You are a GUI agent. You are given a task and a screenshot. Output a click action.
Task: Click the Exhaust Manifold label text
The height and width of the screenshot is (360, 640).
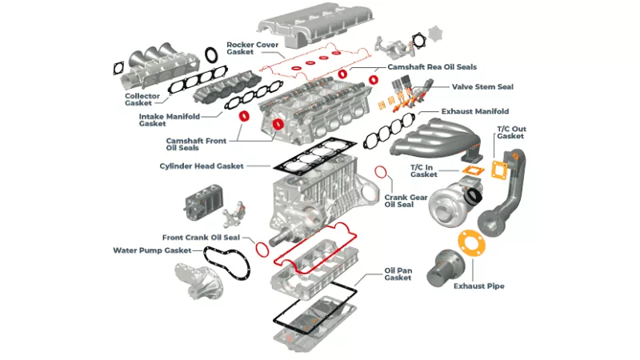coord(475,111)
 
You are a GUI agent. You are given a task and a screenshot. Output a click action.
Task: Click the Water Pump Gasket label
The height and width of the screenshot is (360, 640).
coord(152,250)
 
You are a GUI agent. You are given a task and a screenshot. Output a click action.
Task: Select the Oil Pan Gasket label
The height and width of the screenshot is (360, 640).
coord(398,274)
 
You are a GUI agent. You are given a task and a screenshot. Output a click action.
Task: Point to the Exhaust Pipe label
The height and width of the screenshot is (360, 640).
coord(478,286)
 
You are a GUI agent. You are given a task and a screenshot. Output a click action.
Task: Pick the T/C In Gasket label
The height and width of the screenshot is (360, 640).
coord(423,170)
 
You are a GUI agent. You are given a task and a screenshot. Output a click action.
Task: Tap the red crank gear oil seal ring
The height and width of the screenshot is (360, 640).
coord(383,173)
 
